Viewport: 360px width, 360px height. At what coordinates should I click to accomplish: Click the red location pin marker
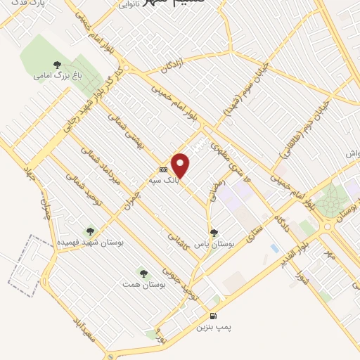point(181,165)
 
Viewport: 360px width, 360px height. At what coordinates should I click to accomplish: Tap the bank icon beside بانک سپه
point(164,169)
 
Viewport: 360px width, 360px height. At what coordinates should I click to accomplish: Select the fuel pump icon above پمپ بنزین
point(213,316)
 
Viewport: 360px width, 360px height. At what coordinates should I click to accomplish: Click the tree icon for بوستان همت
point(143,272)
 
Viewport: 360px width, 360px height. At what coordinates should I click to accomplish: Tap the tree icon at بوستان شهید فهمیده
point(89,230)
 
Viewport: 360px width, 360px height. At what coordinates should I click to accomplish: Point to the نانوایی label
point(127,4)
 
